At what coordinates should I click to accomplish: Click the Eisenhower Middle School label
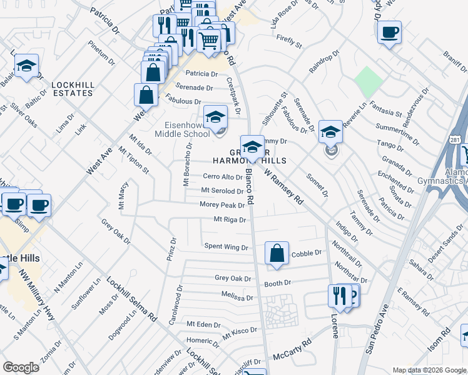click(x=182, y=129)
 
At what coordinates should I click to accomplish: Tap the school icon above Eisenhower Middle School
click(x=215, y=116)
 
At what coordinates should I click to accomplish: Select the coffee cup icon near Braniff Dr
click(x=389, y=32)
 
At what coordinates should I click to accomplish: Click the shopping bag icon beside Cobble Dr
click(x=277, y=253)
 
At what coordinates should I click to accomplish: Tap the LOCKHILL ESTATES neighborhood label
click(x=73, y=88)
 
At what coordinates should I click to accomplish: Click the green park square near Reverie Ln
click(x=368, y=81)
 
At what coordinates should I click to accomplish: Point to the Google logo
click(x=21, y=367)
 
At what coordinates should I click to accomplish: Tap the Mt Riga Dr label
click(x=230, y=219)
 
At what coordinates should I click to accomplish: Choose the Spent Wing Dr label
click(x=226, y=247)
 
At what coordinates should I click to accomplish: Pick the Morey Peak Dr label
click(x=222, y=205)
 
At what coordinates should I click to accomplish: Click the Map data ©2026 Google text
click(x=429, y=370)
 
